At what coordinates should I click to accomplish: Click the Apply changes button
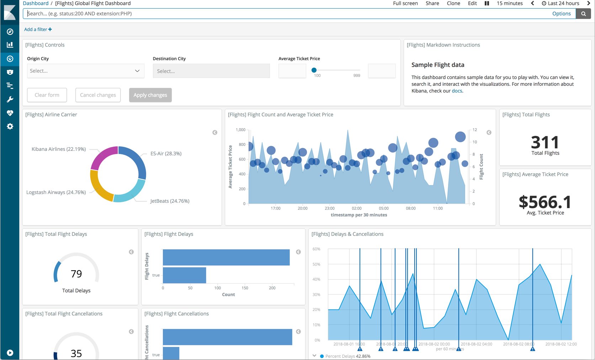150,95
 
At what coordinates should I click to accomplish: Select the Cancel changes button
98,95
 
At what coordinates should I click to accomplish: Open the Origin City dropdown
85,71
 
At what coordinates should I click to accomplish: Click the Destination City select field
211,71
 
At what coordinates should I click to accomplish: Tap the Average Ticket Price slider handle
314,70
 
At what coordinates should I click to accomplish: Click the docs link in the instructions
457,91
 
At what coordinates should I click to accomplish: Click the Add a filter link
38,29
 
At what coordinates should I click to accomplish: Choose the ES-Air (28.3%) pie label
166,153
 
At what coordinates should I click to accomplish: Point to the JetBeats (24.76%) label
170,201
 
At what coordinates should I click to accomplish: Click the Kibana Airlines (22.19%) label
59,149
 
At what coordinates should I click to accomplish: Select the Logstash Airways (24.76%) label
56,192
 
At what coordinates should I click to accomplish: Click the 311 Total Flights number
545,142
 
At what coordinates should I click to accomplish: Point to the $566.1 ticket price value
545,202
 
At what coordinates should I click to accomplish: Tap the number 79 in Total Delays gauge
76,274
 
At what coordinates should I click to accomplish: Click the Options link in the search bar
561,14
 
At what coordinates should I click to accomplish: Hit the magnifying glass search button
583,14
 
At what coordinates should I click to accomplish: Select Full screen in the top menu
405,3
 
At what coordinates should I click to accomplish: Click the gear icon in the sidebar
10,126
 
